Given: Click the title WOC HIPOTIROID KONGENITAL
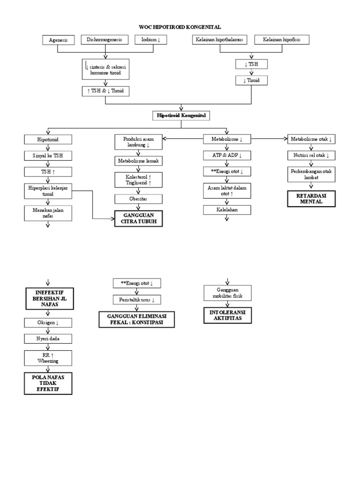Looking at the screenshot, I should [x=180, y=28].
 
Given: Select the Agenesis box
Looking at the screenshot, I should [x=58, y=40].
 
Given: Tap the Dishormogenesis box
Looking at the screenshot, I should [x=104, y=40].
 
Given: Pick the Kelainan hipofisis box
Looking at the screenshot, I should [x=282, y=40].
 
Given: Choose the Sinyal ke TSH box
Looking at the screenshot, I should [x=48, y=156].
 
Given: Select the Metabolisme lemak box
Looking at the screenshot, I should [x=139, y=161].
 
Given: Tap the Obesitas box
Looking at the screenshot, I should [x=139, y=199].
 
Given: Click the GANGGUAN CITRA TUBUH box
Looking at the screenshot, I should [x=139, y=218].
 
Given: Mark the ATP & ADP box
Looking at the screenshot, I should [x=227, y=155].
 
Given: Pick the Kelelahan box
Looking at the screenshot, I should [x=227, y=210].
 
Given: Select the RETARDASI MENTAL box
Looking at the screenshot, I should [x=312, y=198].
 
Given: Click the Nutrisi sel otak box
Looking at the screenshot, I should [x=312, y=155].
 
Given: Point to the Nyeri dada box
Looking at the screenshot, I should [x=48, y=338].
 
